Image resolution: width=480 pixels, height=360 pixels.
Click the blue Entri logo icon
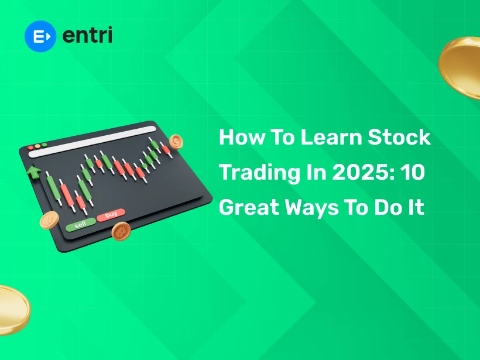(40, 36)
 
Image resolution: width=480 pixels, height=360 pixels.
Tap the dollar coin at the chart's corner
(176, 142)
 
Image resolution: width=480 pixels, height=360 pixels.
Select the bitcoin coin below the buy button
(121, 231)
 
